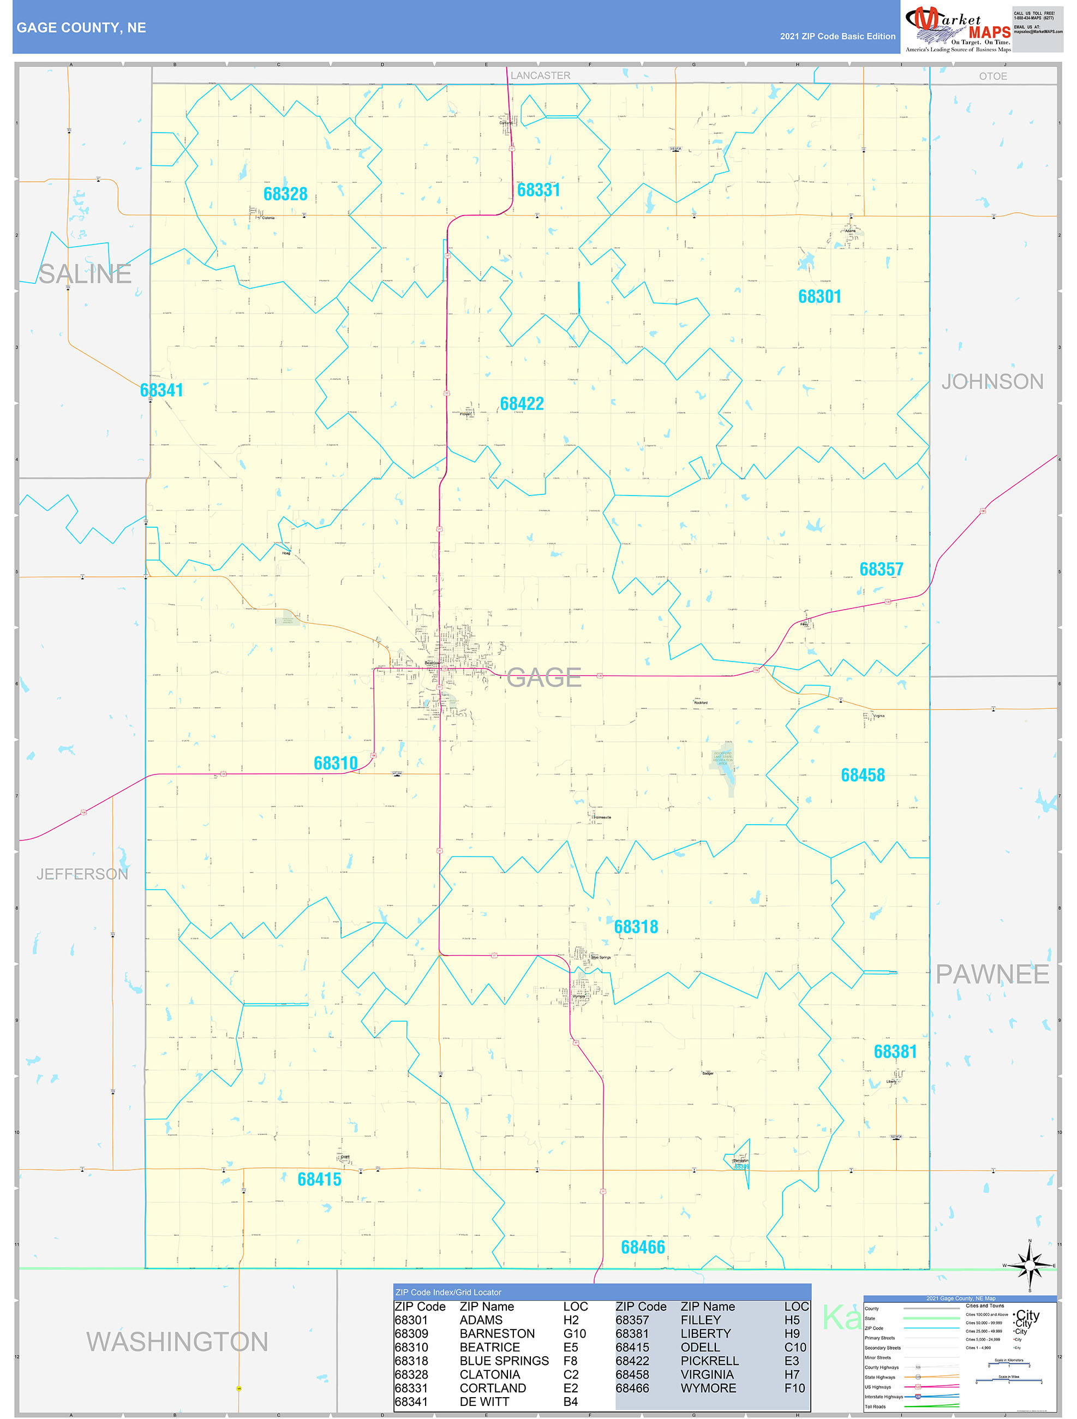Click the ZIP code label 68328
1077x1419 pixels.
(x=285, y=194)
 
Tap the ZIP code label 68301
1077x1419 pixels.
(x=819, y=296)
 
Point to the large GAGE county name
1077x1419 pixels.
(x=544, y=677)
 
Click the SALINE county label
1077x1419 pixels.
(x=85, y=275)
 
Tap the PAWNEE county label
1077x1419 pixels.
(x=992, y=974)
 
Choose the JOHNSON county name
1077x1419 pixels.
(x=992, y=381)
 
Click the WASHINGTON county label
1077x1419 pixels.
(x=177, y=1342)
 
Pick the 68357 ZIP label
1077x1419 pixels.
(x=881, y=569)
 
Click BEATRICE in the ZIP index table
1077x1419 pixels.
(x=489, y=1347)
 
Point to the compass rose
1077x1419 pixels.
(x=1030, y=1265)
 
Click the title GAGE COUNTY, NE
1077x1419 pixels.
(x=81, y=28)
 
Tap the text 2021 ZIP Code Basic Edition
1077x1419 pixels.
(x=837, y=37)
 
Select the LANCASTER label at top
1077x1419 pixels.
(x=540, y=76)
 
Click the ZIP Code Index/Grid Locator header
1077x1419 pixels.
(x=448, y=1292)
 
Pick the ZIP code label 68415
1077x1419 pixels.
(x=319, y=1179)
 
